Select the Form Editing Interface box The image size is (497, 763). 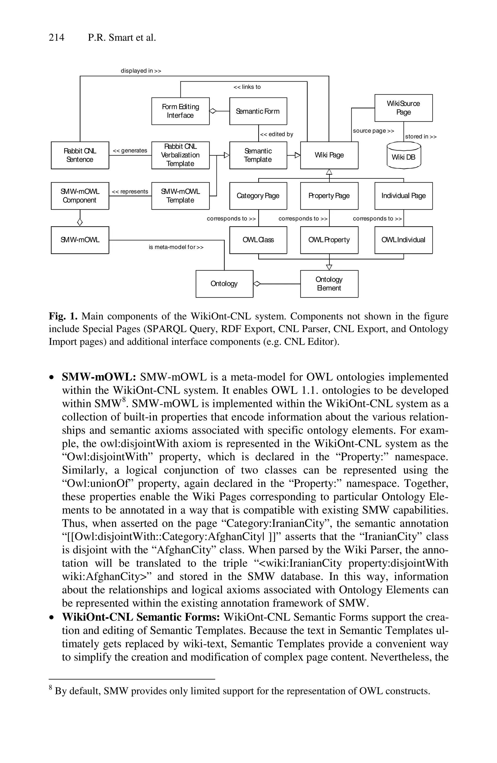(x=180, y=111)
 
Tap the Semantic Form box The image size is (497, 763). (x=258, y=111)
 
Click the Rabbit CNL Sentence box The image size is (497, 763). (x=80, y=155)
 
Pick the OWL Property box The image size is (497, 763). (x=329, y=240)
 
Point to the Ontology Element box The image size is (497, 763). (x=329, y=284)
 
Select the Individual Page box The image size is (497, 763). (x=403, y=196)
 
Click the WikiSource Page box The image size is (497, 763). (x=403, y=108)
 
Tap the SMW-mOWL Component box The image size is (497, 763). (x=80, y=196)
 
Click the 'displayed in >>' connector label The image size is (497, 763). (x=141, y=71)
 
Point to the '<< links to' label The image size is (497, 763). (x=247, y=87)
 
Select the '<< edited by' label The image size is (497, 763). (x=277, y=134)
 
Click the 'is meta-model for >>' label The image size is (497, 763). (x=176, y=247)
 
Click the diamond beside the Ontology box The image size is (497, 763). (x=257, y=284)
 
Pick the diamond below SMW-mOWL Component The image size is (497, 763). (x=80, y=222)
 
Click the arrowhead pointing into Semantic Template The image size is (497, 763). (x=227, y=155)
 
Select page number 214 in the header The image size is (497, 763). (x=56, y=38)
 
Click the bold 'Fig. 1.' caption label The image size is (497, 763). (x=63, y=316)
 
